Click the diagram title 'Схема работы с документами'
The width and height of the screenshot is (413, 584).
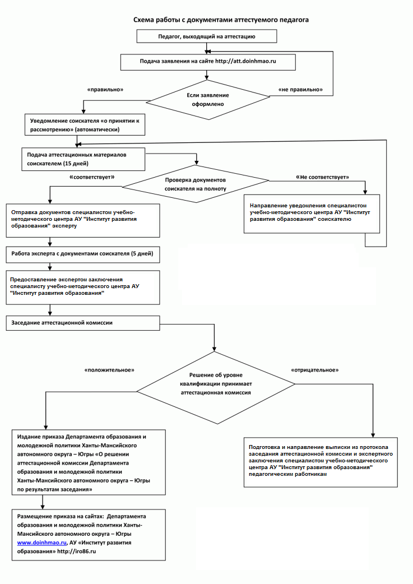point(221,20)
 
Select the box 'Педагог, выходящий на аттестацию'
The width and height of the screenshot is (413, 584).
point(207,36)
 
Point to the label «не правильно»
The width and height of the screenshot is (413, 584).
point(300,90)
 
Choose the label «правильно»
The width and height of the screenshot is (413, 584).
point(105,90)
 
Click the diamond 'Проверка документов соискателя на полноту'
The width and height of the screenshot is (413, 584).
point(195,184)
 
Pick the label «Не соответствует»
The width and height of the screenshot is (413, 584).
point(322,177)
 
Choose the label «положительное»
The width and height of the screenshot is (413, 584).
point(109,370)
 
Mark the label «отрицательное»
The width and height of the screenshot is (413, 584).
point(315,370)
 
